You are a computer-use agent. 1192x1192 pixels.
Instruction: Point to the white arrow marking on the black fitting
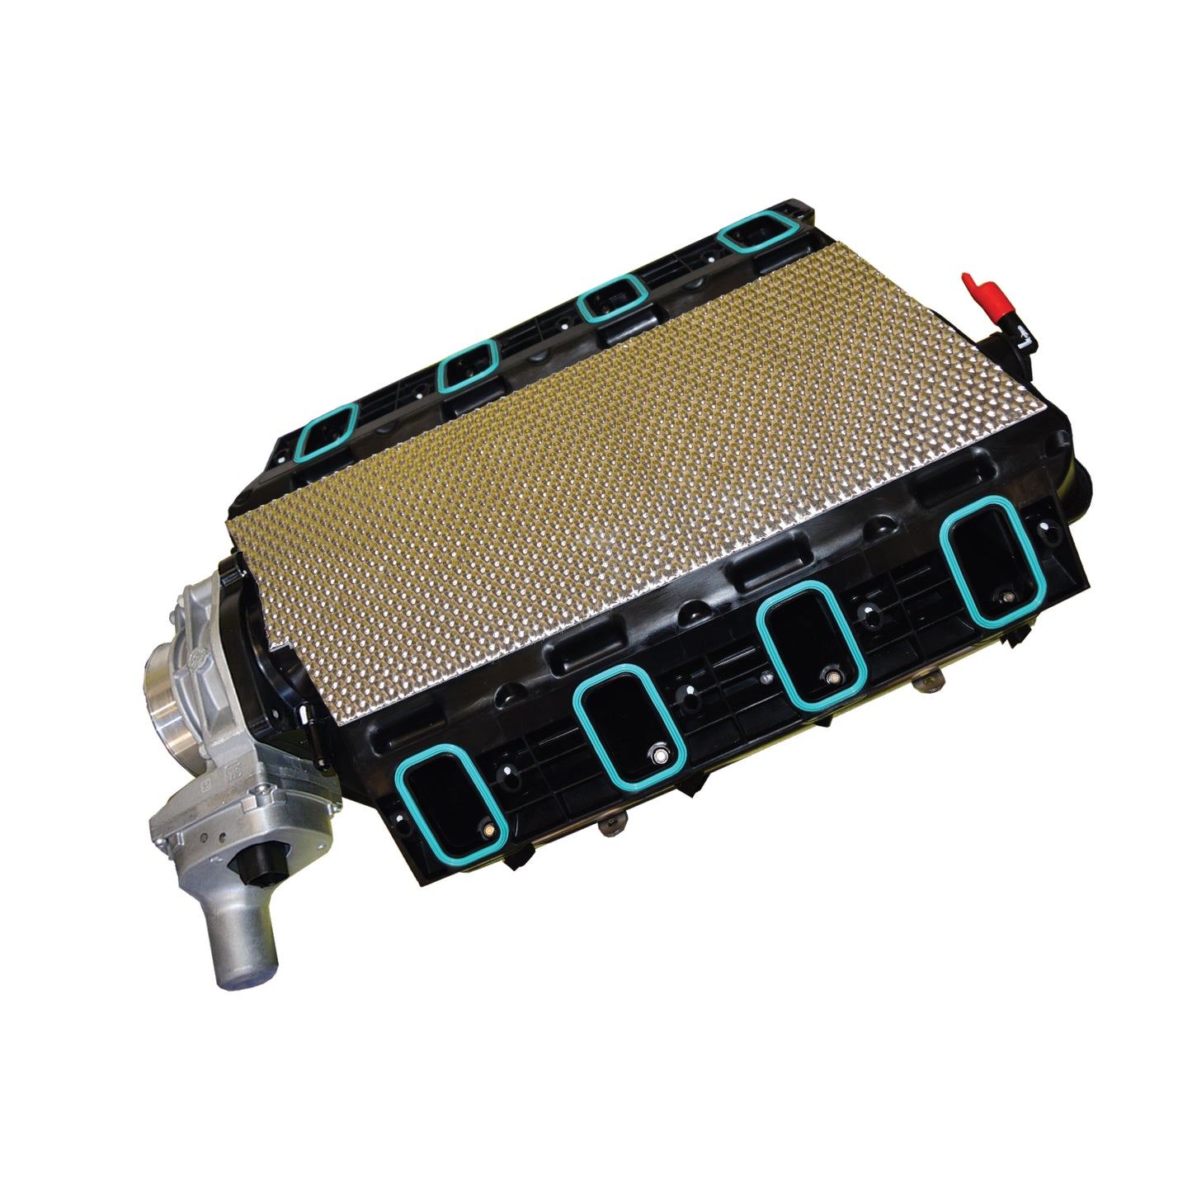coord(1021,334)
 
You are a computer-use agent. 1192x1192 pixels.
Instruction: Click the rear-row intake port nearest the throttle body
coord(326,433)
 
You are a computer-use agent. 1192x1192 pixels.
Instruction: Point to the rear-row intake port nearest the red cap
coord(757,236)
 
